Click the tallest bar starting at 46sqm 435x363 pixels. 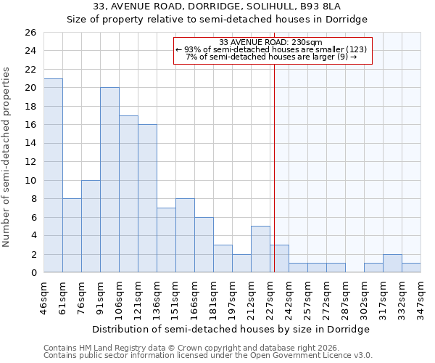pos(53,176)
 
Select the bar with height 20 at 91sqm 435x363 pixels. pos(109,180)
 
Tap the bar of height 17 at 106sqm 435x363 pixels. pos(128,194)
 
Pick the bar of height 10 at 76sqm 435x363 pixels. pos(91,227)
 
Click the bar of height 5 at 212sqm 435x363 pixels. pos(260,249)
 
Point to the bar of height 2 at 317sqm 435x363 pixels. pos(392,264)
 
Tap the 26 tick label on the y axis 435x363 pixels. pos(30,33)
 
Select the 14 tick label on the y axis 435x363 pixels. pos(30,144)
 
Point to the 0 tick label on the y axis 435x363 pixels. pos(33,273)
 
